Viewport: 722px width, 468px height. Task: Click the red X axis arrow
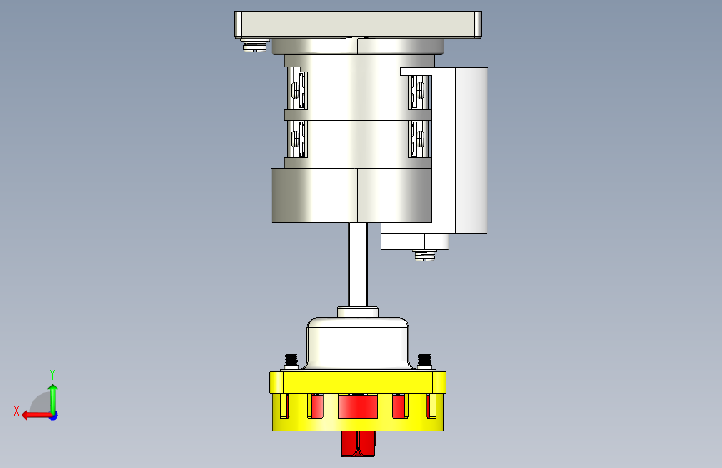(x=37, y=416)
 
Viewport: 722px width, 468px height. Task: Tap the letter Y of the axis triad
(x=52, y=374)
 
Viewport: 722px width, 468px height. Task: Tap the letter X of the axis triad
(x=17, y=411)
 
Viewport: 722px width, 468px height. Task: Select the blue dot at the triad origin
(x=54, y=416)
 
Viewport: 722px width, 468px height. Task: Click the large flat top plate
(x=358, y=24)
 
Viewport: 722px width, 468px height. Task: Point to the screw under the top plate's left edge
(x=255, y=46)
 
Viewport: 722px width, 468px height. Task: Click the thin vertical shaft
(x=358, y=265)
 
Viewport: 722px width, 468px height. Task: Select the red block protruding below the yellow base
(x=358, y=444)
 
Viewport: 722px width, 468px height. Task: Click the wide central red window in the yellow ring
(x=358, y=406)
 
